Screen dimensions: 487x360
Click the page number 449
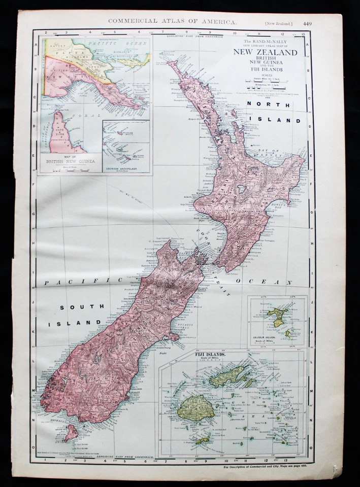pos(308,23)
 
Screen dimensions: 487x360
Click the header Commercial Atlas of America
pos(172,22)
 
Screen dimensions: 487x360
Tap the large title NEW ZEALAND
pos(265,52)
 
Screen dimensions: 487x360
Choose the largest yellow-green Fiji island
pos(195,407)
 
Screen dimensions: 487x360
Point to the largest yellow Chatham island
pos(278,315)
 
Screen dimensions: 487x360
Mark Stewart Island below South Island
pos(71,432)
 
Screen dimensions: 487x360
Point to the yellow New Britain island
pos(137,60)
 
